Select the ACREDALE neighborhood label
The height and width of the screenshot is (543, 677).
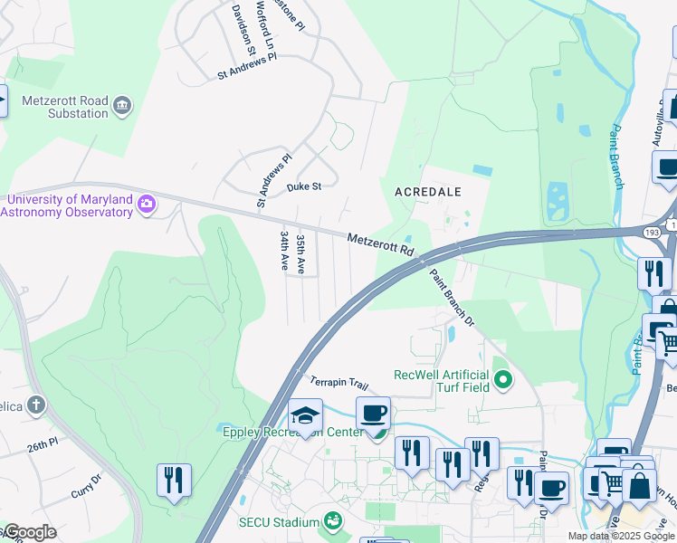tap(428, 192)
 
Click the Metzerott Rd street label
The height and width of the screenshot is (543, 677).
tap(380, 243)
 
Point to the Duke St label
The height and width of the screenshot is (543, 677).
tap(304, 187)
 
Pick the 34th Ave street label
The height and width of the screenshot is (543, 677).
tap(284, 251)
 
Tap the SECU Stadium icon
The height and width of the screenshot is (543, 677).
tap(334, 521)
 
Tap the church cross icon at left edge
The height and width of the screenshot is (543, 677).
tap(35, 404)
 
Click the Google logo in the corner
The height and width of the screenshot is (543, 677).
tap(29, 532)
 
